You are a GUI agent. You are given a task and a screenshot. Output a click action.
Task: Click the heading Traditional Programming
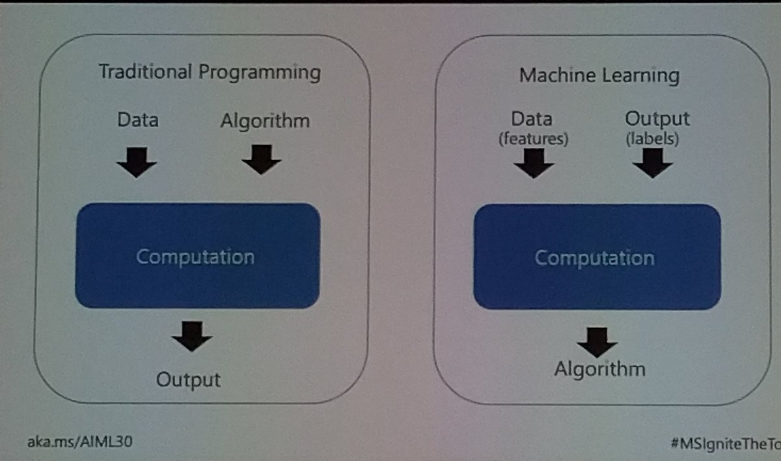[x=209, y=72]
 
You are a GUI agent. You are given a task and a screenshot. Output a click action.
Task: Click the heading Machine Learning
[x=599, y=76]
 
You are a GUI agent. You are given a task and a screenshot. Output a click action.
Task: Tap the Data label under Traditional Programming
[x=137, y=120]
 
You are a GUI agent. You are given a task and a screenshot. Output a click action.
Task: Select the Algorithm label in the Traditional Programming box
[x=264, y=121]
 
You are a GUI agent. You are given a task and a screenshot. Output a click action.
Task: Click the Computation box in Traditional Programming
[x=197, y=256]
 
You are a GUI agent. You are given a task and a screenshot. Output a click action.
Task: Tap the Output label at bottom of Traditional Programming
[x=188, y=379]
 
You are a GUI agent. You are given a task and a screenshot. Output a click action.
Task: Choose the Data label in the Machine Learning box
[x=532, y=119]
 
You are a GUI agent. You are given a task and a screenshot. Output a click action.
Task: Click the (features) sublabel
[x=532, y=138]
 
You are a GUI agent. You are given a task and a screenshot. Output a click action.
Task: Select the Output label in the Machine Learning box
[x=657, y=119]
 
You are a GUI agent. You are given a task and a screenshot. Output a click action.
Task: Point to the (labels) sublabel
[x=653, y=139]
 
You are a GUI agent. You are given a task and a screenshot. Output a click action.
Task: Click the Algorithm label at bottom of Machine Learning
[x=599, y=370]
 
